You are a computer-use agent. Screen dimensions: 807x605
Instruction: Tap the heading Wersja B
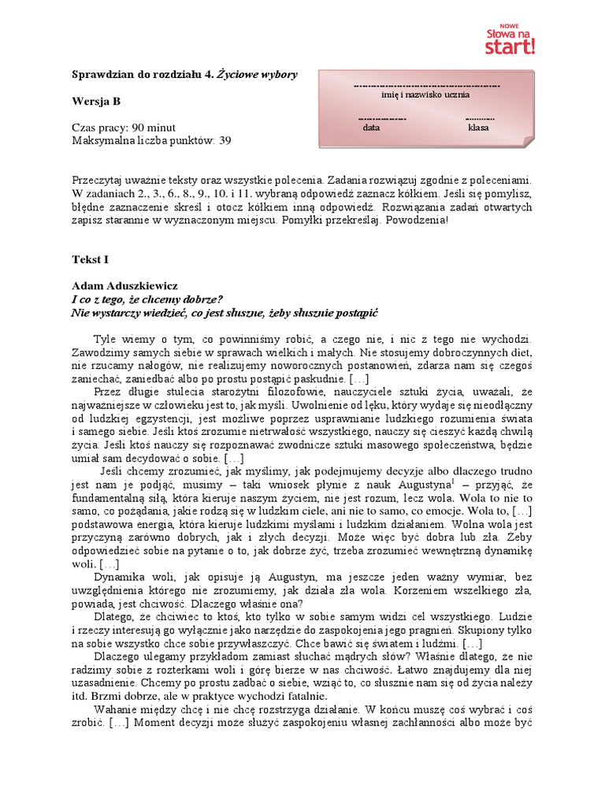96,101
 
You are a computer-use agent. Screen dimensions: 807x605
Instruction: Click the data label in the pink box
371,126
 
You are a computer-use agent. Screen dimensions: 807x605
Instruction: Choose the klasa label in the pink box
478,126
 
